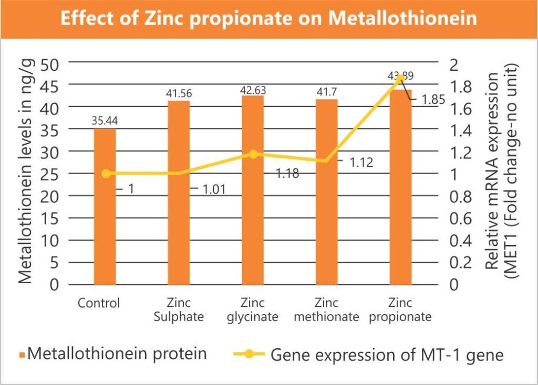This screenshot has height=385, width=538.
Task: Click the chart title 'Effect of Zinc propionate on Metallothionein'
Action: coord(268,18)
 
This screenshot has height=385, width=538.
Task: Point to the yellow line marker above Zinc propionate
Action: coord(400,78)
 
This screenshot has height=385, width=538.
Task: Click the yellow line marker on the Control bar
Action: coord(105,174)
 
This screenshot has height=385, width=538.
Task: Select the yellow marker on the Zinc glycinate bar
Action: coord(253,154)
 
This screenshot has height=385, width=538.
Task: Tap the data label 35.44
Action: coord(104,121)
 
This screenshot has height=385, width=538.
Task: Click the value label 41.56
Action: coord(179,94)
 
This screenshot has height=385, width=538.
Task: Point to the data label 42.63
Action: coord(252,90)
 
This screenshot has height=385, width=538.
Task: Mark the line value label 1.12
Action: coord(361,163)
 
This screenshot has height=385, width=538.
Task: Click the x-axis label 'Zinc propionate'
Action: coord(400,310)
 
